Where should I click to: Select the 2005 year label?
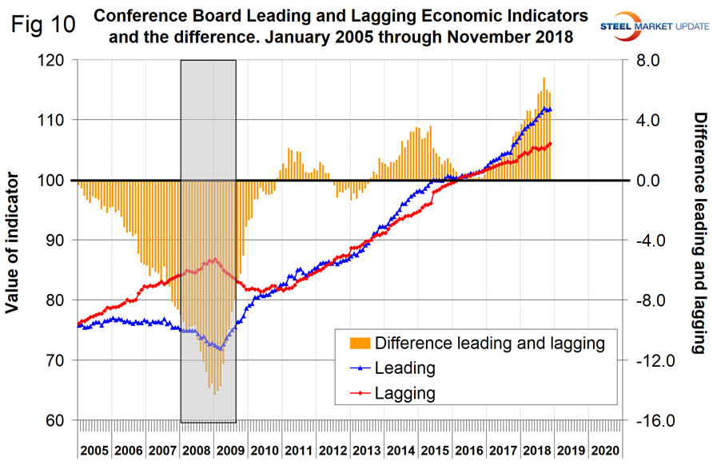click(94, 451)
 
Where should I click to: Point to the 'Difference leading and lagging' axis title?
click(698, 232)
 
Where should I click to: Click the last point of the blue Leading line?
click(550, 109)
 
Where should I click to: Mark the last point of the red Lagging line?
click(551, 144)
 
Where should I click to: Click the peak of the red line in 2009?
click(214, 259)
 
